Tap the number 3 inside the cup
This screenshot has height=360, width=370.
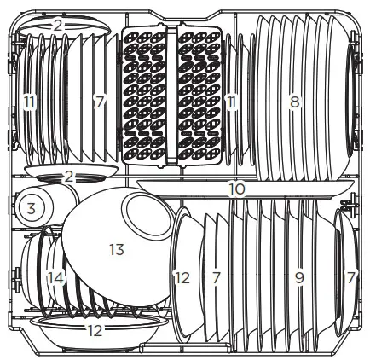click(x=30, y=207)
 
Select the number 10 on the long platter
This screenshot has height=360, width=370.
click(x=237, y=186)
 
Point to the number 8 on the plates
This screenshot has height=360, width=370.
click(x=294, y=102)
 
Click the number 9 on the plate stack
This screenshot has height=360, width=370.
click(x=298, y=277)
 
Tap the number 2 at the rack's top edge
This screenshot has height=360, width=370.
click(x=57, y=26)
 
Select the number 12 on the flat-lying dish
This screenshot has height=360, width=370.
click(x=95, y=331)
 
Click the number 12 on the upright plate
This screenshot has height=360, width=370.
click(x=182, y=277)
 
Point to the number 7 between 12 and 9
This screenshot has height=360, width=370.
click(x=217, y=277)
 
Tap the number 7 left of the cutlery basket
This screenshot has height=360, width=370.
click(x=100, y=102)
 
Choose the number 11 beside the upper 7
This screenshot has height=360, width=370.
click(x=30, y=102)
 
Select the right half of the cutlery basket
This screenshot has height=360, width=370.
click(x=201, y=94)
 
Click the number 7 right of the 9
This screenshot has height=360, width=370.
click(x=352, y=277)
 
